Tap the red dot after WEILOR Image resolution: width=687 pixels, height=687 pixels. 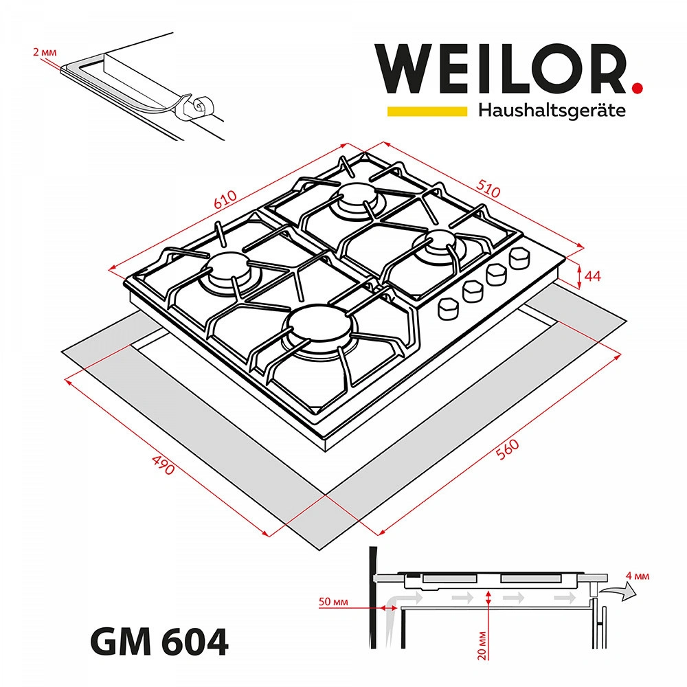click(638, 87)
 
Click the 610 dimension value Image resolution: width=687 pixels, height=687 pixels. click(225, 199)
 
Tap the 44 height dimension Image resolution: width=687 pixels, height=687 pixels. click(593, 276)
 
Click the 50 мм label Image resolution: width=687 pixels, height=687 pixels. click(333, 602)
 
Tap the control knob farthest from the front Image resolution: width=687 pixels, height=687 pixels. click(519, 258)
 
